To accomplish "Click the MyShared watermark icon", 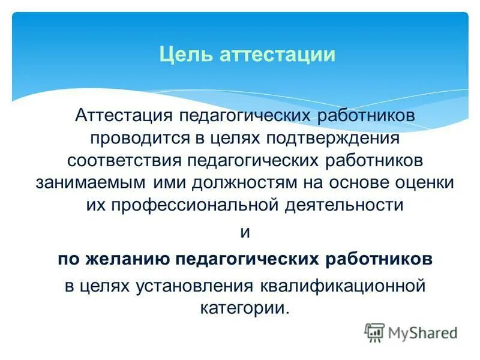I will click(x=374, y=332).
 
